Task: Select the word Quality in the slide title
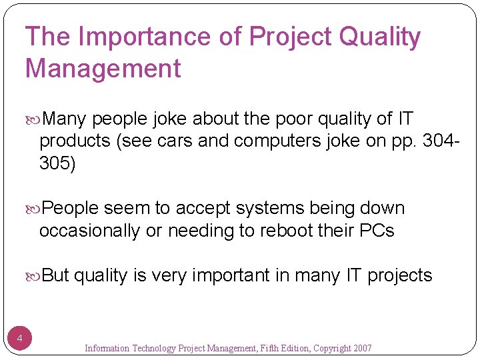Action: tap(380, 37)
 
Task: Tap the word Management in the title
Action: tap(103, 68)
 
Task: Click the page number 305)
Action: tap(58, 164)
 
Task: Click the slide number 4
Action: tap(20, 339)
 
